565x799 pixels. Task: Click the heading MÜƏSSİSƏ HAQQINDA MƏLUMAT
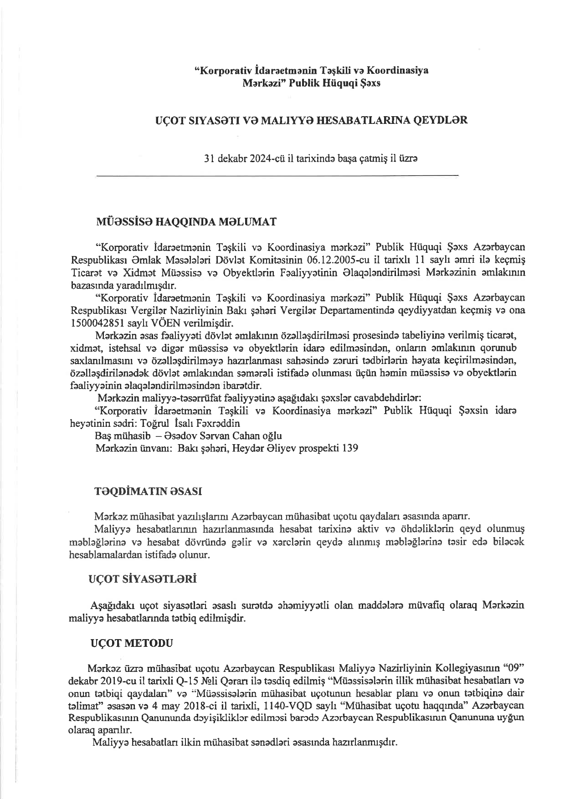185,222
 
